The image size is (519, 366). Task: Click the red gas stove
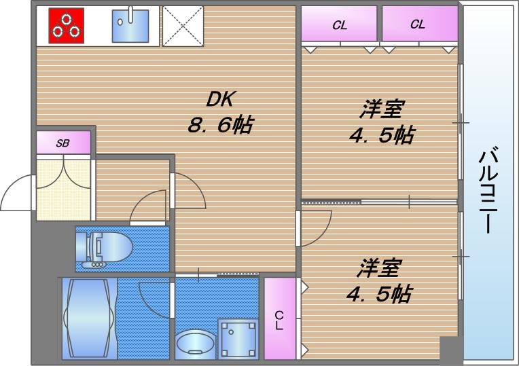click(66, 24)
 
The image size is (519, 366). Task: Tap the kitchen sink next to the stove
click(132, 26)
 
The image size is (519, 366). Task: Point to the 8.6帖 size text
click(220, 125)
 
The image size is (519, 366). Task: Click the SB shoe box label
click(62, 143)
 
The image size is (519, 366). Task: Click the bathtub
click(89, 318)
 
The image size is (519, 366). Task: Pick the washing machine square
click(238, 338)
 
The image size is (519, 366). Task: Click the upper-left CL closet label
click(339, 26)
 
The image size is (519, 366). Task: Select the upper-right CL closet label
click(417, 24)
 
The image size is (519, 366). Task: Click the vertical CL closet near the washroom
click(280, 319)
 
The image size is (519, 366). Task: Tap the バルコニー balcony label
click(488, 189)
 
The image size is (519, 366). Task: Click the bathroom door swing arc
click(153, 299)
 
